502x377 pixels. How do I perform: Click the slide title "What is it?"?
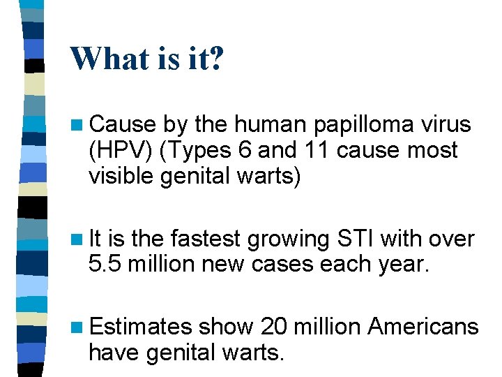pyautogui.click(x=147, y=59)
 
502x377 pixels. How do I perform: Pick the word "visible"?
pyautogui.click(x=121, y=177)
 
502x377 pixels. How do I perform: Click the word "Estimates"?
pyautogui.click(x=140, y=327)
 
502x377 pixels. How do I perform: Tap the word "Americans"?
pyautogui.click(x=423, y=327)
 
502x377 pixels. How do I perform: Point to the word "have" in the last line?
pyautogui.click(x=114, y=353)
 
